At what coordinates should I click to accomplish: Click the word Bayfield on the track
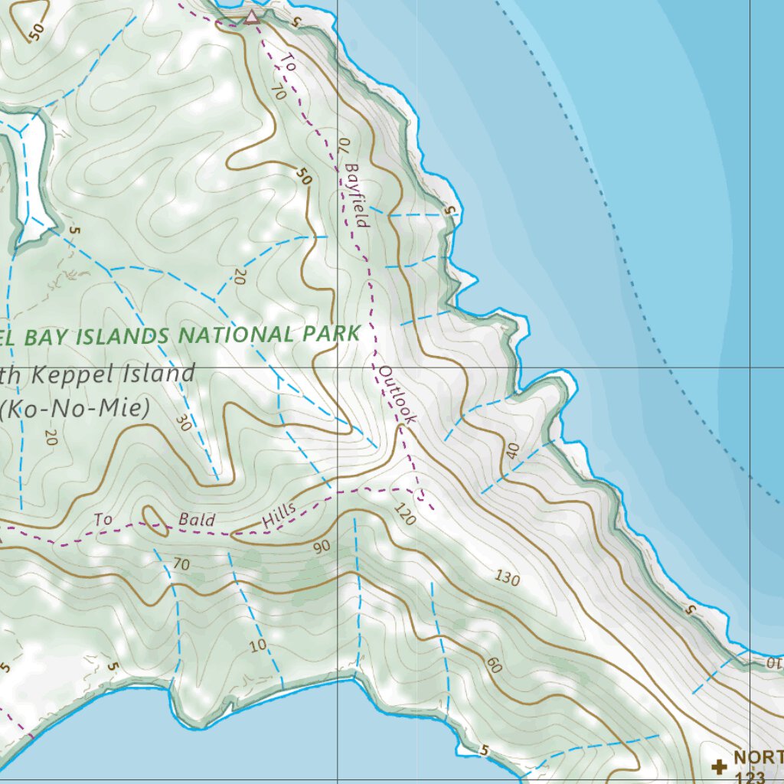[x=357, y=194]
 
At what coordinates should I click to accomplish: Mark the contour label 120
[x=405, y=514]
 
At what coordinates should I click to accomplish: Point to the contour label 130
[x=507, y=577]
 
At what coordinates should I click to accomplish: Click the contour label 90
[x=321, y=547]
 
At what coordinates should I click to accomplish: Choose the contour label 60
[x=493, y=666]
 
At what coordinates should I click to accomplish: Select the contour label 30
[x=181, y=423]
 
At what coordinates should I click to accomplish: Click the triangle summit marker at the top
[x=251, y=17]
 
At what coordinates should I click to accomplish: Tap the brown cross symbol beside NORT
[x=719, y=766]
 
